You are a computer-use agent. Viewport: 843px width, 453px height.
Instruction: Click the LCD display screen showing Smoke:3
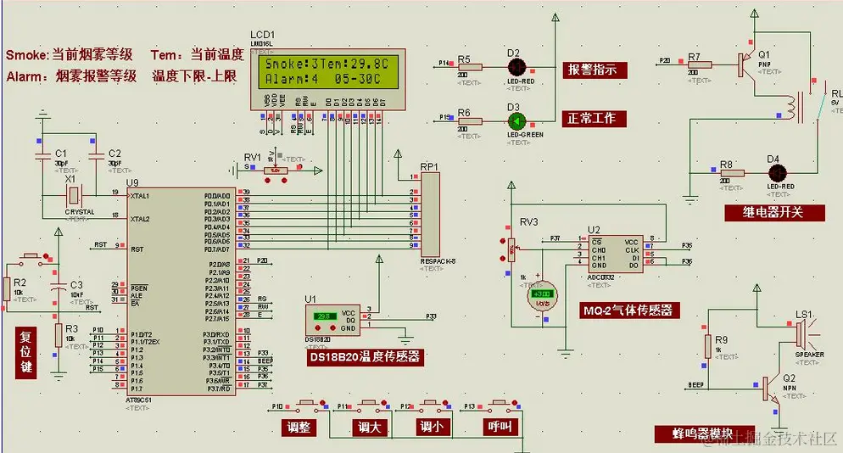(327, 73)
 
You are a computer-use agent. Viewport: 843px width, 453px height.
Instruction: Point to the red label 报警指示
(592, 70)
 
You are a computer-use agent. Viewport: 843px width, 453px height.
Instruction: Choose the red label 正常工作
(592, 118)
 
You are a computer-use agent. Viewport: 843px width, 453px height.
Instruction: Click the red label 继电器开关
(773, 212)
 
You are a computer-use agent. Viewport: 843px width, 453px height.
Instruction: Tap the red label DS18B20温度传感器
(366, 357)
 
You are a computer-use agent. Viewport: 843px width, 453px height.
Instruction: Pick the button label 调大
(369, 427)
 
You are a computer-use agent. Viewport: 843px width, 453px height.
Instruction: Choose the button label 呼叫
(499, 427)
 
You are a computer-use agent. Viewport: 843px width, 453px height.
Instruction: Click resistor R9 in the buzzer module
(707, 345)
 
